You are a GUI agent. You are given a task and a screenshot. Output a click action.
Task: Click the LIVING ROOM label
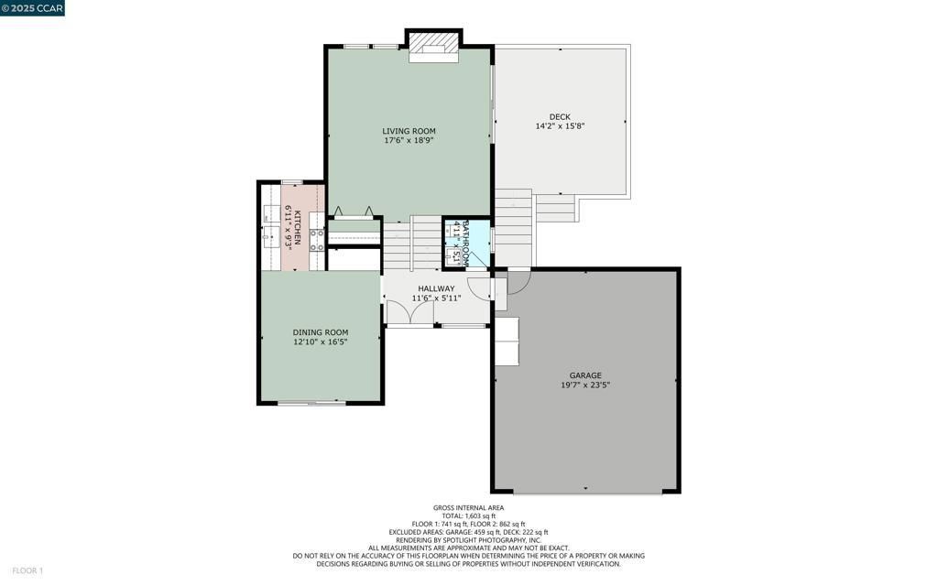[x=409, y=131]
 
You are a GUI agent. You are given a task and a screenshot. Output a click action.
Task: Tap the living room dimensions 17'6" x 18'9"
[x=409, y=140]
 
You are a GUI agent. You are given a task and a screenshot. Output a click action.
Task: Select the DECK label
[x=560, y=116]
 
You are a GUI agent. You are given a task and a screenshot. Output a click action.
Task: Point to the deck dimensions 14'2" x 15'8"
[x=560, y=126]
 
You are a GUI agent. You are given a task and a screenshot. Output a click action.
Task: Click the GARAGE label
[x=585, y=375]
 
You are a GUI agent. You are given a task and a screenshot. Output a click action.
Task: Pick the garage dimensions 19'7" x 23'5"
[x=585, y=385]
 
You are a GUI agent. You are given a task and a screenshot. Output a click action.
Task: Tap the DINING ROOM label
[x=320, y=332]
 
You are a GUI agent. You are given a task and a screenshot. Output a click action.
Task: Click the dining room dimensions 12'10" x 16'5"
[x=320, y=342]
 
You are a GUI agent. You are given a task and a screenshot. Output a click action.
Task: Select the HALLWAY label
[x=436, y=288]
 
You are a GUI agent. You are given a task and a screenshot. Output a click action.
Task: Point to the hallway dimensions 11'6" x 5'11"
[x=436, y=298]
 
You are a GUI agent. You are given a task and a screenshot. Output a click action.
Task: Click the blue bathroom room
[x=466, y=242]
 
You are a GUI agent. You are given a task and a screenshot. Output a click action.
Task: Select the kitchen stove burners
[x=316, y=240]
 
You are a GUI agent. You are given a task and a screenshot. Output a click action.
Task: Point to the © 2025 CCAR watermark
[x=32, y=8]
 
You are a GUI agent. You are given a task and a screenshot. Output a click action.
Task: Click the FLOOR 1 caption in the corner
[x=27, y=571]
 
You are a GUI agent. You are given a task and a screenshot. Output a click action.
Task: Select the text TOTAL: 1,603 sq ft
[x=468, y=515]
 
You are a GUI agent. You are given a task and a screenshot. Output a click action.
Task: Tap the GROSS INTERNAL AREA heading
[x=468, y=507]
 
